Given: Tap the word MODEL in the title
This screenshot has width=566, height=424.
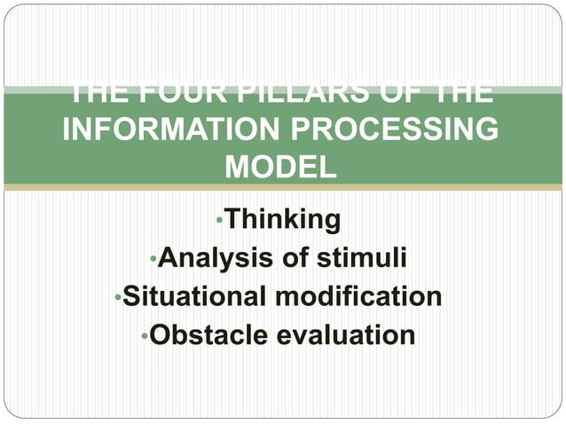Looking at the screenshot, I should point(281,167).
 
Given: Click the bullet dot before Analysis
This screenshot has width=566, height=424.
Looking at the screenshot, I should point(153,259).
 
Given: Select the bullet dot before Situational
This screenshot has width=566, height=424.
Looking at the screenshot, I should point(118,297).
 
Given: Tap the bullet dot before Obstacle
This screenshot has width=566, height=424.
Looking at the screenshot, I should point(145,336).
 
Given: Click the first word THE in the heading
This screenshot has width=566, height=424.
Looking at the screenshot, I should point(97,91).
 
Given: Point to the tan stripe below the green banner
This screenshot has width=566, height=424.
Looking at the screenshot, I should point(282,187).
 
